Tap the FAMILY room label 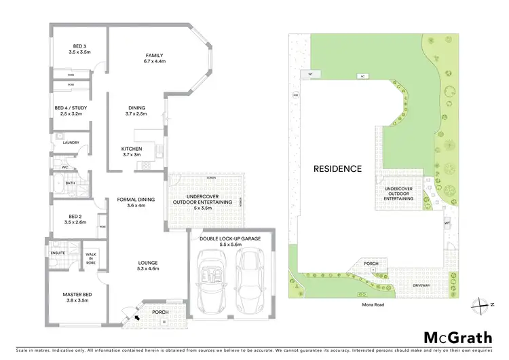154,55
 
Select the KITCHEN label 131,149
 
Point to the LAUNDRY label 71,142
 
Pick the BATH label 70,182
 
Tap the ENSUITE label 58,253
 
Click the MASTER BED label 77,293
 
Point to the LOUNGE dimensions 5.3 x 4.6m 147,270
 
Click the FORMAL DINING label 136,199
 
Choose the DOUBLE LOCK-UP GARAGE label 231,239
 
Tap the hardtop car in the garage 250,279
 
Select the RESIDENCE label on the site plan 337,168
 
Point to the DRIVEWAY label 421,285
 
